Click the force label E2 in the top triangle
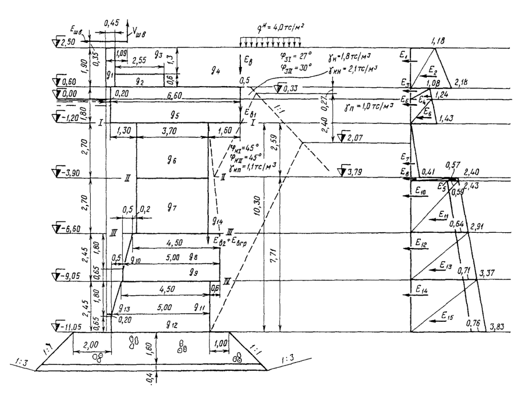(x=448, y=69)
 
